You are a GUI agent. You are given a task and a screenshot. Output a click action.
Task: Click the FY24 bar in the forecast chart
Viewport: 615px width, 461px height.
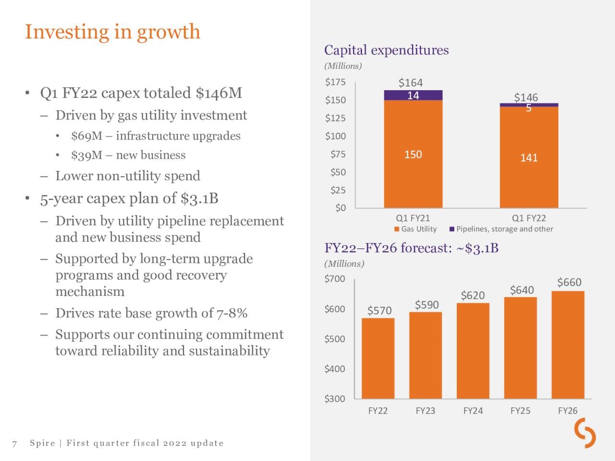[x=473, y=351]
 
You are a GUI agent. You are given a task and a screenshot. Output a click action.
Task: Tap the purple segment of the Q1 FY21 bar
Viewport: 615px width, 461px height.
[x=413, y=96]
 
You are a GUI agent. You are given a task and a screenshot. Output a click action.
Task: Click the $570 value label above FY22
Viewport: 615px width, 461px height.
[x=380, y=311]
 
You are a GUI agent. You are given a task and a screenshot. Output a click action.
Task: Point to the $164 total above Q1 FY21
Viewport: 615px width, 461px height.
[x=410, y=83]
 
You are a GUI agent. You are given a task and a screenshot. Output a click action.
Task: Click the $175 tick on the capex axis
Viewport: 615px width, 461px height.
[x=335, y=82]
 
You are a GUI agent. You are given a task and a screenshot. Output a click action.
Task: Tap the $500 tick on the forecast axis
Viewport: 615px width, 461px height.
[x=335, y=339]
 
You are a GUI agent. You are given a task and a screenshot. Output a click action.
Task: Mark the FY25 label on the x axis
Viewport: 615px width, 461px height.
[x=520, y=411]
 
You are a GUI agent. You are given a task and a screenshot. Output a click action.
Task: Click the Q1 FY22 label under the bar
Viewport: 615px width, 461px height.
[x=529, y=218]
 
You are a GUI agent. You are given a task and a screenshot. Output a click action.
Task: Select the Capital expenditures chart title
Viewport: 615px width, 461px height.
[x=386, y=50]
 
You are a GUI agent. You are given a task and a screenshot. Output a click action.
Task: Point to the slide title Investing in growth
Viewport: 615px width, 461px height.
[x=112, y=32]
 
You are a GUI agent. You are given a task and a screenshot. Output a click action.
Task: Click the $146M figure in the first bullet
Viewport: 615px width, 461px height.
[x=219, y=93]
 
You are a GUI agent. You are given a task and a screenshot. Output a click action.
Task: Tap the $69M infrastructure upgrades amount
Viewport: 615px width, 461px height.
[x=86, y=136]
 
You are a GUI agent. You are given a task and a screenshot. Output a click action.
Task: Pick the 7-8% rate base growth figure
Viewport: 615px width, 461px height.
[x=232, y=313]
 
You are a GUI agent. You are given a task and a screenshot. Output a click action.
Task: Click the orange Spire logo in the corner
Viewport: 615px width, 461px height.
[x=585, y=433]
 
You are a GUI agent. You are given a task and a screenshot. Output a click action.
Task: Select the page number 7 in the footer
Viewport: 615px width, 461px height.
[x=14, y=443]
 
